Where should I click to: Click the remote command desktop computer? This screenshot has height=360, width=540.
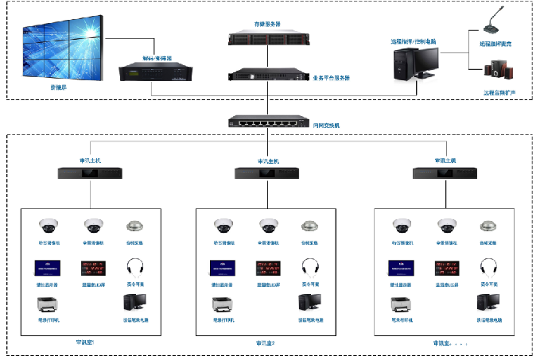(x=415, y=64)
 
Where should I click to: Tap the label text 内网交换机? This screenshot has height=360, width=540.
(x=327, y=126)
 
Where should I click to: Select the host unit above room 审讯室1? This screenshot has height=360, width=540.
(x=90, y=172)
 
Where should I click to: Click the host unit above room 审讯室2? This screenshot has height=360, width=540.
(x=268, y=172)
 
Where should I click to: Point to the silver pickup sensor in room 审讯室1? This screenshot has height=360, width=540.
(x=135, y=226)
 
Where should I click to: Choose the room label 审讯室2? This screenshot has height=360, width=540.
(x=266, y=343)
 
